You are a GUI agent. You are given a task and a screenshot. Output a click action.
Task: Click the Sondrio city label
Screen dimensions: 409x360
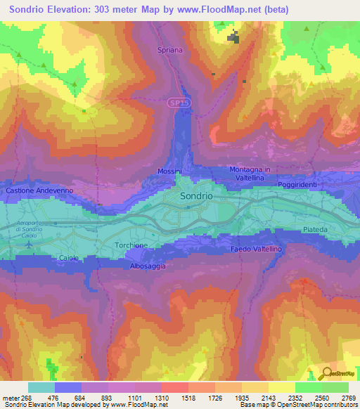click(x=197, y=197)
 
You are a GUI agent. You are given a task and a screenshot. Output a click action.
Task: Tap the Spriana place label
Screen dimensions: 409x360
click(x=169, y=51)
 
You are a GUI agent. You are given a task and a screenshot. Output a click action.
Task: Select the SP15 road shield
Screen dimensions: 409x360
click(x=178, y=103)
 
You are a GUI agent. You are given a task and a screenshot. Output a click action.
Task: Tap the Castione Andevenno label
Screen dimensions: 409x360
click(x=39, y=190)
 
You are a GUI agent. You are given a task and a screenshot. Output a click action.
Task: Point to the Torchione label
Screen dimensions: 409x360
click(x=131, y=245)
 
